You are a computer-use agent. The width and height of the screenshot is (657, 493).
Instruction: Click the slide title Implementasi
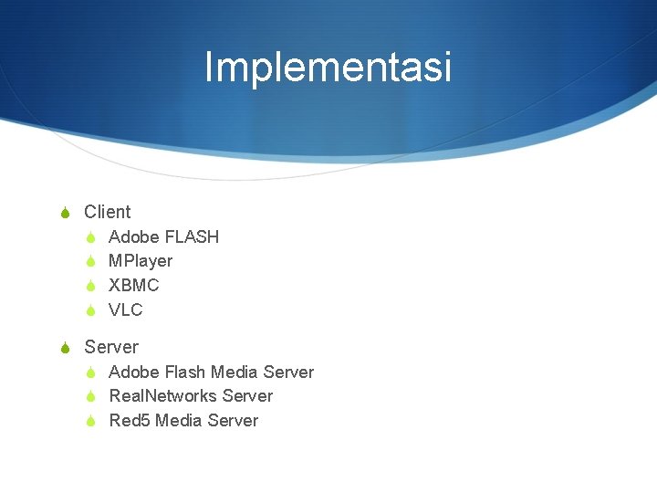coord(328,68)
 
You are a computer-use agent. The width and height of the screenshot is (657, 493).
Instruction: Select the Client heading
coord(107,212)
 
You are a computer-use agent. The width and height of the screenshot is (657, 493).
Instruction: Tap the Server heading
coord(110,347)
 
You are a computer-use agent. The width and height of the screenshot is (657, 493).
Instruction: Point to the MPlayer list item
coord(140,261)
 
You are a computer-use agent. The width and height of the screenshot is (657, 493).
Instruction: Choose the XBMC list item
coord(133,286)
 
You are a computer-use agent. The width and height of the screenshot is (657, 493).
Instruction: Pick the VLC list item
coord(125,310)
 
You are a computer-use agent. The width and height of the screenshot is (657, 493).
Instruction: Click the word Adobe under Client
coord(131,237)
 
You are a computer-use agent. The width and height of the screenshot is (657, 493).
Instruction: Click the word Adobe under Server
coord(131,372)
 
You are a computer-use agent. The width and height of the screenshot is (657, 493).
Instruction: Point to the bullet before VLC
coord(90,310)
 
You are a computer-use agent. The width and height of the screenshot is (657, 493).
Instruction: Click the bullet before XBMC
coord(90,286)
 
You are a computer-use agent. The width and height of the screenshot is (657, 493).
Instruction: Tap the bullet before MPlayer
coord(90,262)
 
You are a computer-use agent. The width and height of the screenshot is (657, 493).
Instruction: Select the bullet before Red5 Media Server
coord(90,421)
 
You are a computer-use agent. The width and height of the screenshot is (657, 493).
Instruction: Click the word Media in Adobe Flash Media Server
coord(234,372)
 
